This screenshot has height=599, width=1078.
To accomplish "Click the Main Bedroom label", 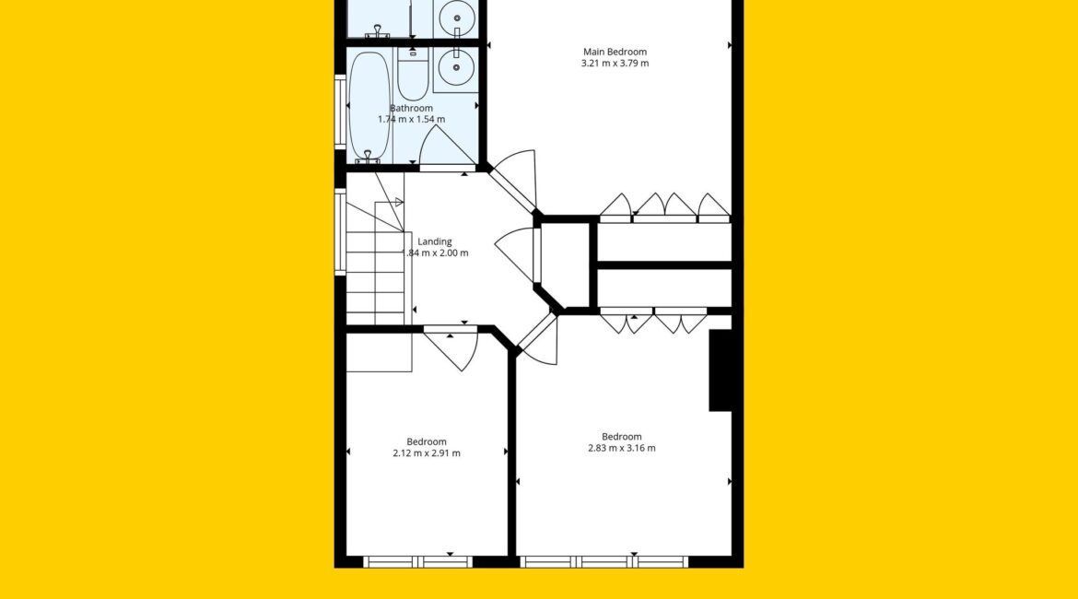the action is pyautogui.click(x=615, y=52).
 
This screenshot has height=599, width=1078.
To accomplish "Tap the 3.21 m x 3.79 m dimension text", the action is pyautogui.click(x=615, y=64).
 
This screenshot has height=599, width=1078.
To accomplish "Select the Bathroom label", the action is pyautogui.click(x=411, y=108).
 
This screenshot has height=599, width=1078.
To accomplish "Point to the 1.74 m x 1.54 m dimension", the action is pyautogui.click(x=411, y=119).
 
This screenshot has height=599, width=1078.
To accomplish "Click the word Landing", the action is pyautogui.click(x=435, y=241).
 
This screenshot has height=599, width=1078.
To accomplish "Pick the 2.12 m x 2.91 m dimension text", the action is pyautogui.click(x=427, y=453).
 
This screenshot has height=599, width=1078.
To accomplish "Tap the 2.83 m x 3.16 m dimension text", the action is pyautogui.click(x=622, y=449).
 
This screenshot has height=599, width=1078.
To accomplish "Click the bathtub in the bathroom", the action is pyautogui.click(x=369, y=107).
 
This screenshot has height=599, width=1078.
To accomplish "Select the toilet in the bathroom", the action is pyautogui.click(x=413, y=73).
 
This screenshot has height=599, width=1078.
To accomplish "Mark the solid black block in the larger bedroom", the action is pyautogui.click(x=721, y=370).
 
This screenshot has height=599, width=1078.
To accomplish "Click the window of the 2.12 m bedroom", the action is pyautogui.click(x=418, y=562).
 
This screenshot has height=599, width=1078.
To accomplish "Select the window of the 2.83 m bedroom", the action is pyautogui.click(x=603, y=562).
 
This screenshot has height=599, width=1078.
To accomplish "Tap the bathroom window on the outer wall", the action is pyautogui.click(x=340, y=112).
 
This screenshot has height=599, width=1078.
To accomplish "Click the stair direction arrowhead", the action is pyautogui.click(x=398, y=202).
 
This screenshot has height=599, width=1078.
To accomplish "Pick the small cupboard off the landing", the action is pyautogui.click(x=565, y=264).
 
